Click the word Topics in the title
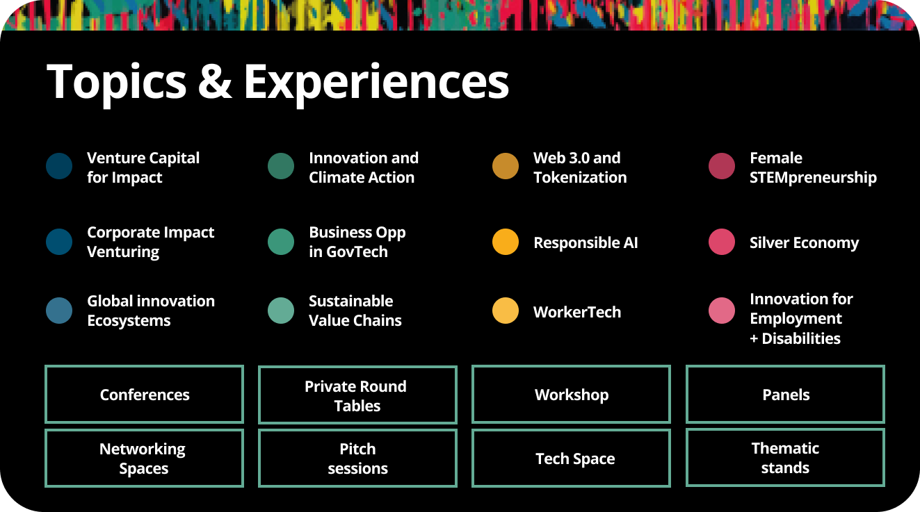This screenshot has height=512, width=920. pos(116,82)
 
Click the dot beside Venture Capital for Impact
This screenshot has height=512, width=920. pos(59,167)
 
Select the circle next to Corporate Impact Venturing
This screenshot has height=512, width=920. pos(59,242)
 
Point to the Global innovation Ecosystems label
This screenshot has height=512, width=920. pos(150,311)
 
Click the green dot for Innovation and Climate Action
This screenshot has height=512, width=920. pos(281,167)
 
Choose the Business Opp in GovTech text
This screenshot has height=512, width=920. pos(357,242)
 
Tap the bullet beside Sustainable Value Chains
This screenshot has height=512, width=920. pos(281,311)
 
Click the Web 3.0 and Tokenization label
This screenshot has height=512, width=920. pos(579,167)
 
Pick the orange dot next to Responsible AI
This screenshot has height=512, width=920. pos(506,242)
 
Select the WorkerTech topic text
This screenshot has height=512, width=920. pos(576,312)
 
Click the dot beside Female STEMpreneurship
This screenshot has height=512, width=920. pos(722,167)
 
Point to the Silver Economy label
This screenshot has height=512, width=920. pos(804,242)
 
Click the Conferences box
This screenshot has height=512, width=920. pos(145,395)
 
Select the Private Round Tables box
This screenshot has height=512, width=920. pos(357,395)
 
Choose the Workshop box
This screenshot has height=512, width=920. pos(571,395)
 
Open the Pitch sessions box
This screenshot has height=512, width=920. pos(357,459)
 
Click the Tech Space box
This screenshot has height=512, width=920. pos(571,459)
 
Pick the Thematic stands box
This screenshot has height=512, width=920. pos(785,458)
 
